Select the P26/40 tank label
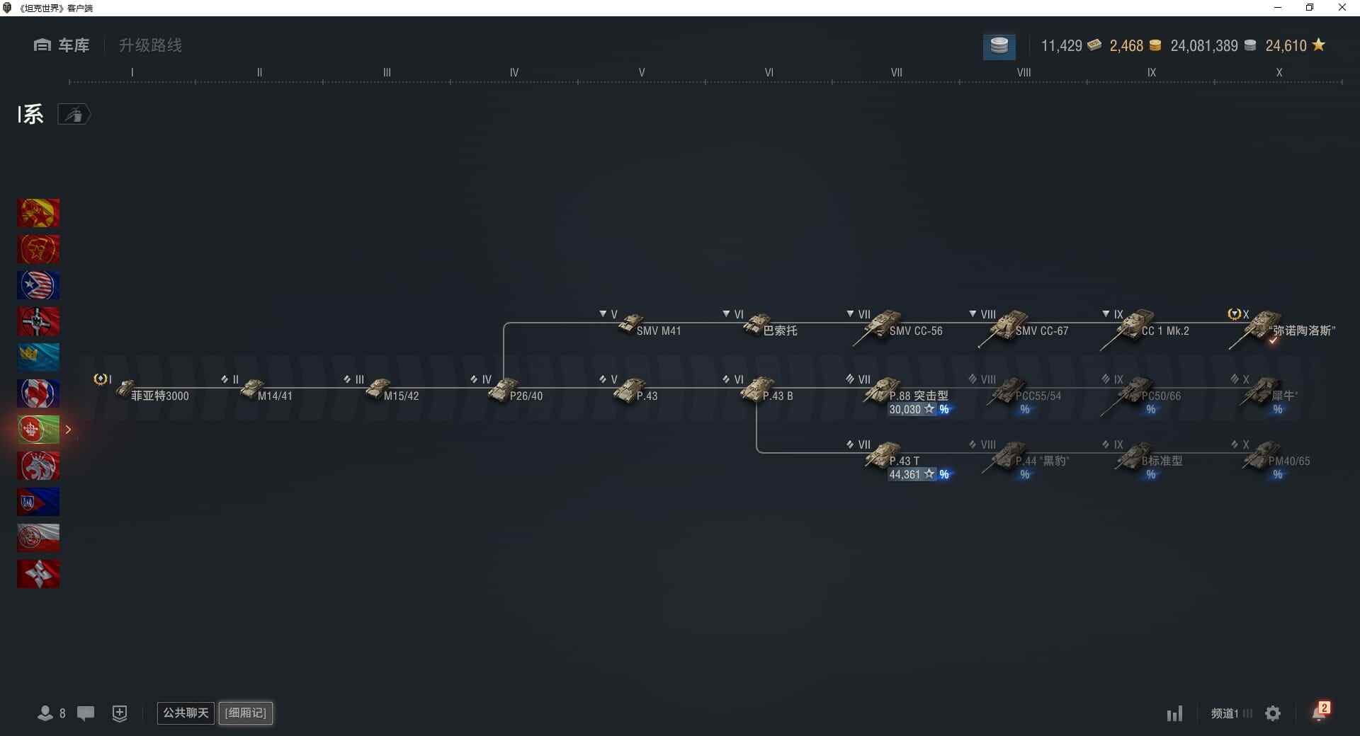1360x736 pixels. [x=526, y=396]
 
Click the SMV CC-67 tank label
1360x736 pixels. [x=1041, y=331]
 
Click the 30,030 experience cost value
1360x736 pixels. [x=905, y=410]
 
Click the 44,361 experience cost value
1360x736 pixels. [x=905, y=475]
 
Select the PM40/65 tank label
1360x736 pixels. [x=1288, y=461]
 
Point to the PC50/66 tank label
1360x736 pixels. [x=1161, y=396]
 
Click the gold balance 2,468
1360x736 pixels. [x=1126, y=46]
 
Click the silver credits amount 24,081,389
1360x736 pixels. [x=1203, y=46]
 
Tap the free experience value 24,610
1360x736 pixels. [x=1286, y=46]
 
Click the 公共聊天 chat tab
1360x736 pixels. [x=186, y=713]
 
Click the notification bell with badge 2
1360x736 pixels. [x=1320, y=713]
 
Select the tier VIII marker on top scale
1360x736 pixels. [x=1024, y=73]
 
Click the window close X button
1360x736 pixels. [x=1342, y=8]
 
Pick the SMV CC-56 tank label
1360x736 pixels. [x=915, y=331]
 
